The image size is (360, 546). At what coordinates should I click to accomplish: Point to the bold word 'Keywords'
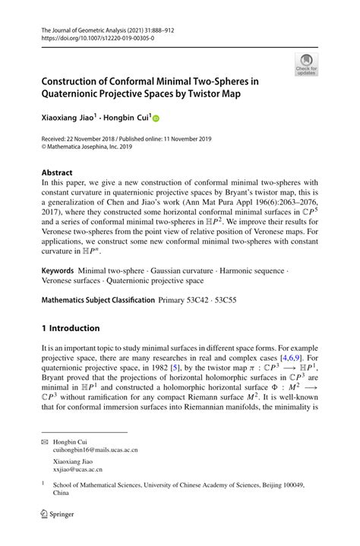[x=62, y=270]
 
